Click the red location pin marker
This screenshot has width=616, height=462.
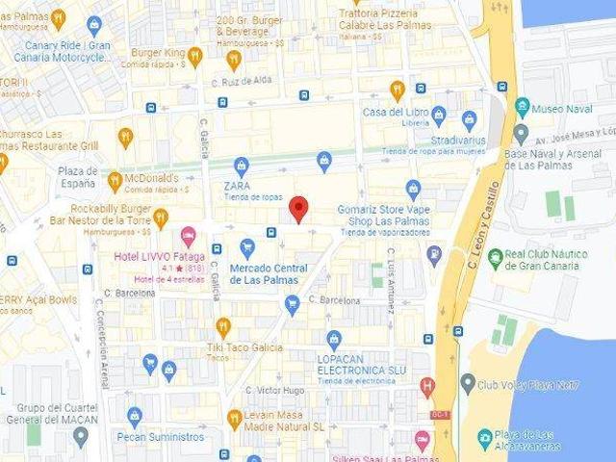click(298, 208)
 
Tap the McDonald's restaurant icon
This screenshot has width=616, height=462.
click(115, 179)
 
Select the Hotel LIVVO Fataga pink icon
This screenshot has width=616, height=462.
click(188, 235)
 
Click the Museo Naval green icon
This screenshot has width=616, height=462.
click(523, 107)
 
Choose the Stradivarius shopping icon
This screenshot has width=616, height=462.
click(470, 120)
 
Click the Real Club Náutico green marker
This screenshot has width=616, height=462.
click(495, 257)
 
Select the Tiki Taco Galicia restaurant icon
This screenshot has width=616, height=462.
click(223, 326)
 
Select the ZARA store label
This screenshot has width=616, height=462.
click(237, 185)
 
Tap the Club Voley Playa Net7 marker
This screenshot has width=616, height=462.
click(468, 384)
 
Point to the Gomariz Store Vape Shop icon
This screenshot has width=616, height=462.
click(413, 189)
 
